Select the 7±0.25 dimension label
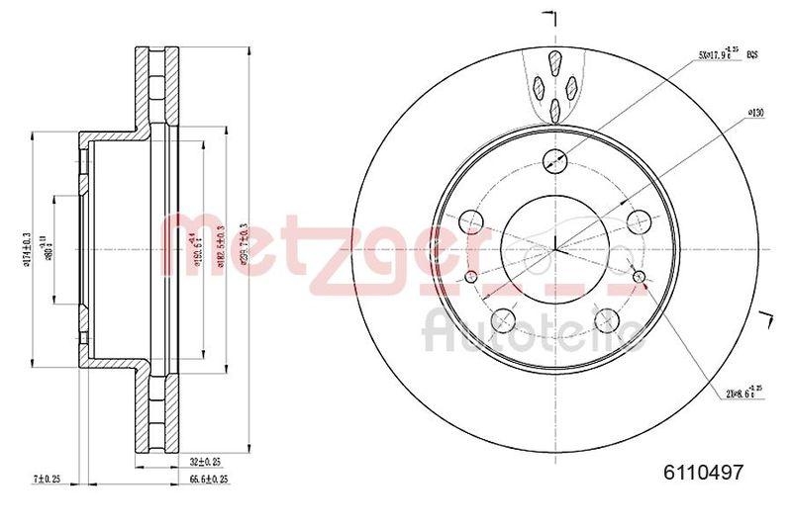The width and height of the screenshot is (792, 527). [47, 479]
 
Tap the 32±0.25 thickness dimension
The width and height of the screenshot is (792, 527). [205, 461]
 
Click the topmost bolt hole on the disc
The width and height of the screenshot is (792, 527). [555, 158]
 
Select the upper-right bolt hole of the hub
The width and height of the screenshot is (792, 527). [638, 219]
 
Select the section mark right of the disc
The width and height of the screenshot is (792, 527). [765, 318]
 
